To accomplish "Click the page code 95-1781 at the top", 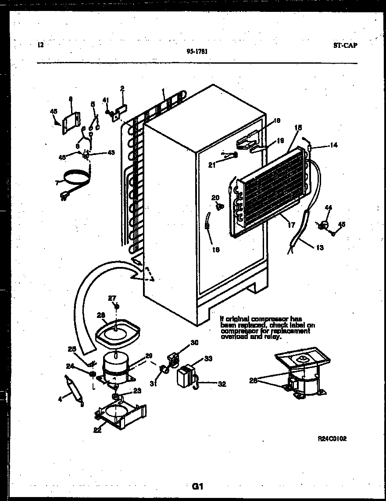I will [197, 51].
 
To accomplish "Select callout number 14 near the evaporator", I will [334, 144].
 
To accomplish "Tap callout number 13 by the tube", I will [319, 248].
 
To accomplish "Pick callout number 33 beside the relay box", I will [208, 358].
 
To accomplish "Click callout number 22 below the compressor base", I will [97, 430].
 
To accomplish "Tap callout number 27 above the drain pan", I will [112, 298].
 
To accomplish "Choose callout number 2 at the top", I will [122, 88].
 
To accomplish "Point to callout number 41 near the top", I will [106, 100].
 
